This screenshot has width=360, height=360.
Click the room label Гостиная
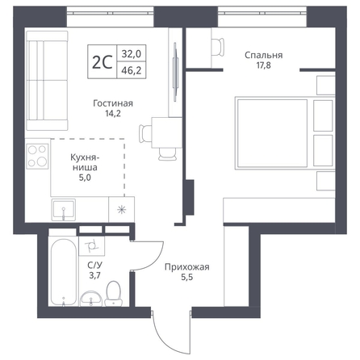tap(113, 103)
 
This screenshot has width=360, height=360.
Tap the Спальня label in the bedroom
tap(263, 56)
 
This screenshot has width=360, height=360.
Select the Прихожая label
tap(187, 267)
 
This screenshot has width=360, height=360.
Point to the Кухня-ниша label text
tap(84, 162)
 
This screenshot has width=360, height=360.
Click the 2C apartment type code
tap(102, 62)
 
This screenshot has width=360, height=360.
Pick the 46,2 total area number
tap(132, 70)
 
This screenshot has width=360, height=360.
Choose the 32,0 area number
tap(132, 54)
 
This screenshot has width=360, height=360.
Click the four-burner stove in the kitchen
tap(37, 157)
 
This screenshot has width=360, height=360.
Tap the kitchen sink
tap(63, 210)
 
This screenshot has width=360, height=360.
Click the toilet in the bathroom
tap(113, 294)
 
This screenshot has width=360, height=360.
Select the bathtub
tap(64, 272)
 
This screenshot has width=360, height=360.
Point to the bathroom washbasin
tap(91, 299)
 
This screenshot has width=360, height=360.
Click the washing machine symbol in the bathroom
tap(91, 246)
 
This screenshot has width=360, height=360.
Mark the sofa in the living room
tap(47, 81)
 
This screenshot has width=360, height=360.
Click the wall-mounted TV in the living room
tap(175, 72)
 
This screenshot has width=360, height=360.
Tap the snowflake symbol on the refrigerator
tap(122, 209)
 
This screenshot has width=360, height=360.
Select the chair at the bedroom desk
tap(218, 47)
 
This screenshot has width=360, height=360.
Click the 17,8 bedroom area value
tap(263, 65)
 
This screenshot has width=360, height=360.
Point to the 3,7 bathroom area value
tap(94, 275)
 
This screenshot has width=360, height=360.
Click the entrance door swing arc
tap(163, 339)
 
